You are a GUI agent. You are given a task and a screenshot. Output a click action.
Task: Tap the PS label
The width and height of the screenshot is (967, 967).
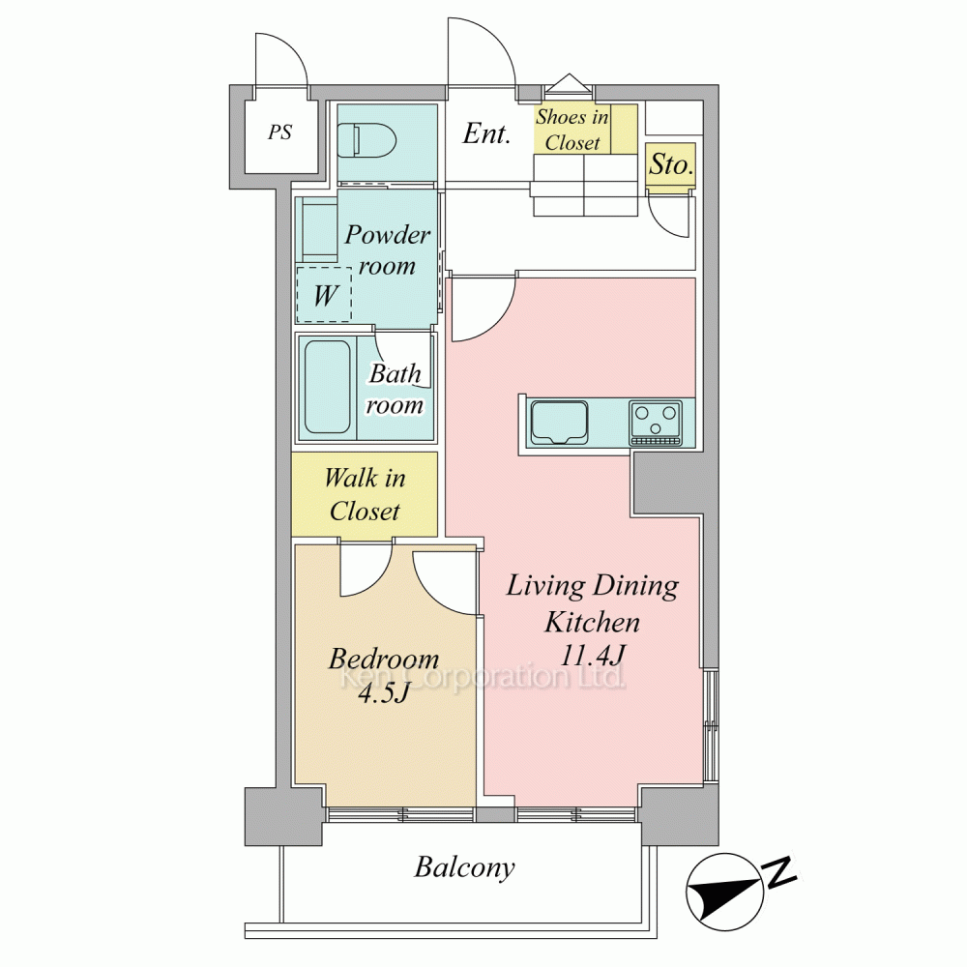point(279,132)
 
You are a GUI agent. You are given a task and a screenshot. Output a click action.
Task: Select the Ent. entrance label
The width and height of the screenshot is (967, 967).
point(486,133)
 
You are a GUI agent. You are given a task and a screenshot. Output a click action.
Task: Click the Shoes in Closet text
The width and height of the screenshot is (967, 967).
point(571,130)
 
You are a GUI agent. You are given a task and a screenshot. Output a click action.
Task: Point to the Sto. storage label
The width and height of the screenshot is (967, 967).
point(671,164)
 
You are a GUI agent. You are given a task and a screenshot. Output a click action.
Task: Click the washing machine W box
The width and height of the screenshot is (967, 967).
point(324,295)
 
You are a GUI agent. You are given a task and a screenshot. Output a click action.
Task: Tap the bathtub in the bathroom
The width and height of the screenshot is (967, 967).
point(328,388)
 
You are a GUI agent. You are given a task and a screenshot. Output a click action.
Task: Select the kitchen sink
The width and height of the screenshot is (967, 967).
point(559,423)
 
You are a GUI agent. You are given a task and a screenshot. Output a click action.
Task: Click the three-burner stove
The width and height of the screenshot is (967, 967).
point(656,424)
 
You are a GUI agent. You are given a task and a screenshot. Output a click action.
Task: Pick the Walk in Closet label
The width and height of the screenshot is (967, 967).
point(365,494)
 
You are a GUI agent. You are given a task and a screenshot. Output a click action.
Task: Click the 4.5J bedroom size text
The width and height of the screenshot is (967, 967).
point(384,693)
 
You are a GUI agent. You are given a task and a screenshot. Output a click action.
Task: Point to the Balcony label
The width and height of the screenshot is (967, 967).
point(464,867)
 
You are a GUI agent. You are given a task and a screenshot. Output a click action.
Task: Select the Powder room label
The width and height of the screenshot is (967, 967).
point(388,249)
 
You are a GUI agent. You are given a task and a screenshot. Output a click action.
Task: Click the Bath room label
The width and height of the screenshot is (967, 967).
point(395,389)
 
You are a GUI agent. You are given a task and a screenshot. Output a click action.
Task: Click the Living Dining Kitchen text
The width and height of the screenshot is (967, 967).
point(592,603)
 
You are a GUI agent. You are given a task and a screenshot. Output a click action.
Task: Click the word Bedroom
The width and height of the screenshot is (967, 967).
point(384,659)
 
